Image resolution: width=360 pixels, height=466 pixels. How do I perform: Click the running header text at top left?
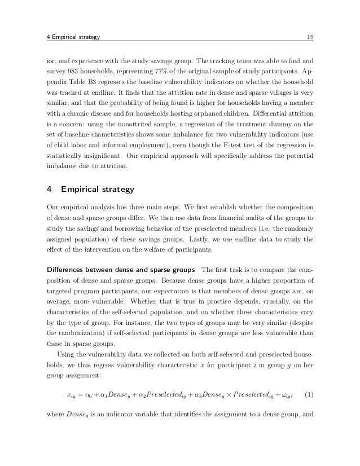pos(72,38)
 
